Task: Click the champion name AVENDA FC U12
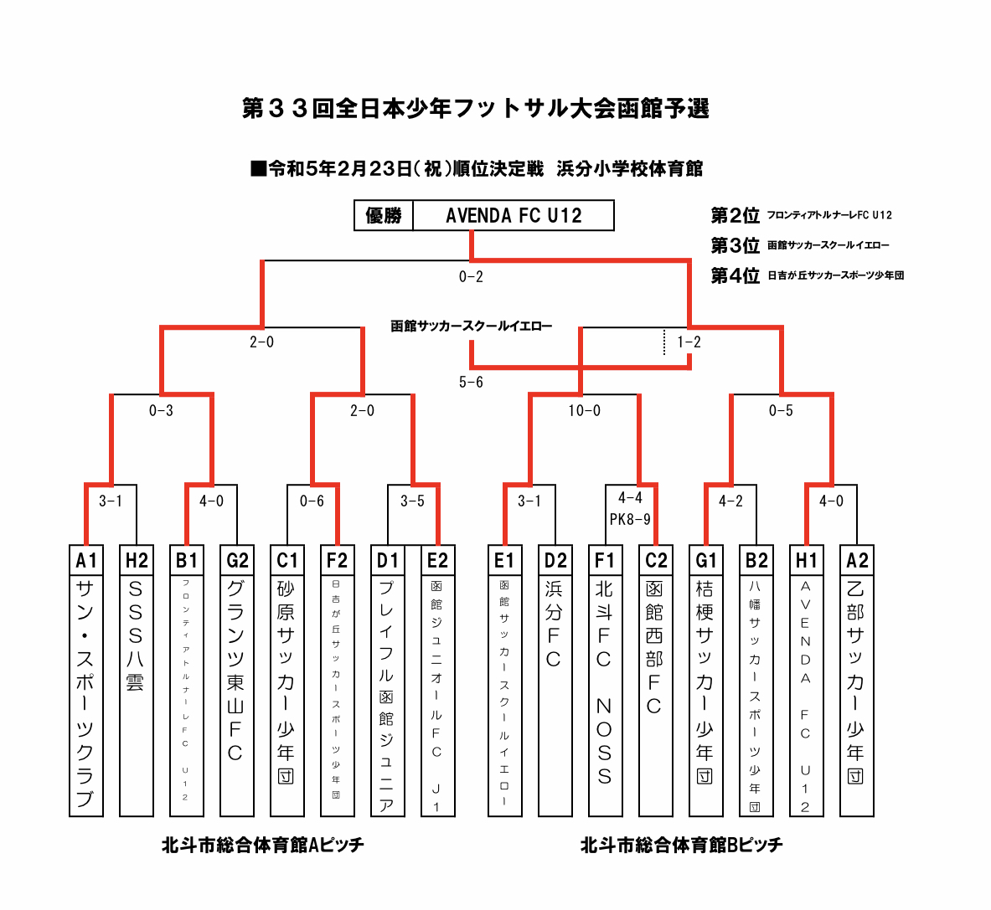(x=514, y=216)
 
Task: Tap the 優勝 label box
(x=384, y=216)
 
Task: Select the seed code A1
(x=85, y=559)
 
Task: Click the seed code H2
(x=136, y=559)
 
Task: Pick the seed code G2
(x=236, y=559)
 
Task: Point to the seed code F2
(x=337, y=559)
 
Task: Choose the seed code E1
(x=504, y=559)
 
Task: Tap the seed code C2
(x=655, y=559)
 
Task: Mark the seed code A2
(x=856, y=559)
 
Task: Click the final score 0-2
(x=471, y=276)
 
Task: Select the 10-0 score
(x=584, y=411)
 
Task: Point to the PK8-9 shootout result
(x=630, y=519)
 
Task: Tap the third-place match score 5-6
(x=471, y=382)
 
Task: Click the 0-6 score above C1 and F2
(x=312, y=501)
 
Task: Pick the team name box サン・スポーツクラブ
(x=85, y=693)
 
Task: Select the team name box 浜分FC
(x=555, y=693)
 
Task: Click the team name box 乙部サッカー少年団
(x=856, y=693)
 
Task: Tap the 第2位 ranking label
(x=735, y=216)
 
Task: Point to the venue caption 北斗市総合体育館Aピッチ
(x=262, y=845)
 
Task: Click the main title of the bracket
(x=475, y=109)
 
